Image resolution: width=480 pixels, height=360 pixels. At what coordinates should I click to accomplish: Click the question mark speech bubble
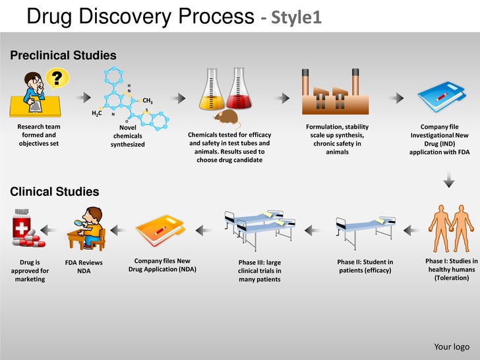[58, 78]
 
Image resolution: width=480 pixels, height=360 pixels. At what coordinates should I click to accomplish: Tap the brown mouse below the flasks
[225, 118]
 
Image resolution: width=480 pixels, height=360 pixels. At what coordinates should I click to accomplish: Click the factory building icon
[330, 92]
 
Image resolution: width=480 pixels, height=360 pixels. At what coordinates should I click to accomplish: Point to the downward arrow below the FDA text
[449, 179]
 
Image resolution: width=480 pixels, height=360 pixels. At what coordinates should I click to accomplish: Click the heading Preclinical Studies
[63, 55]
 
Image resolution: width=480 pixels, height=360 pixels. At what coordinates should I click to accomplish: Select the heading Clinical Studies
[54, 192]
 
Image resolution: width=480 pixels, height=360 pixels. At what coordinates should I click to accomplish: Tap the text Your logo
[452, 347]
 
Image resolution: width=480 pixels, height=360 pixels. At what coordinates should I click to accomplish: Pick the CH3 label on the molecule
[148, 101]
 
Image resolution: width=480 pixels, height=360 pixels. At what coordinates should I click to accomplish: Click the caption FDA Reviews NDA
[84, 266]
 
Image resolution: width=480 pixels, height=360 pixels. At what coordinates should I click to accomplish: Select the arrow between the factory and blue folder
[396, 98]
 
